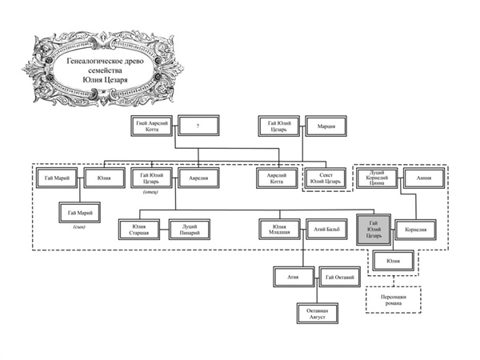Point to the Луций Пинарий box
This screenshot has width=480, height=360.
(x=189, y=230)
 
